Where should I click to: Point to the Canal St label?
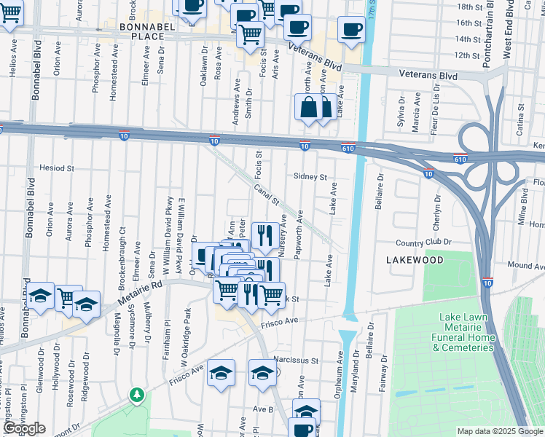coord(267,194)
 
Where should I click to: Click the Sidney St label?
coord(310,177)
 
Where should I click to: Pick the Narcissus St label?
coord(297,360)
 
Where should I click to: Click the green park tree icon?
coord(136,395)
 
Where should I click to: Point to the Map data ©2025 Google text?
coord(499,431)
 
